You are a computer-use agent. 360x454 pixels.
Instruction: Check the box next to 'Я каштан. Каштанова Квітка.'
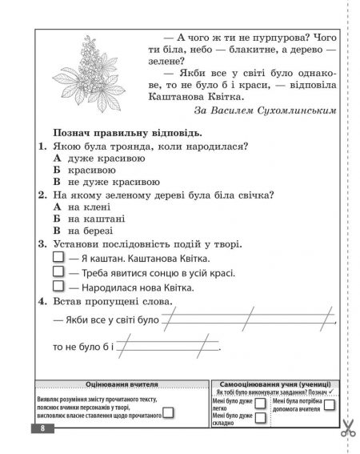click(58, 259)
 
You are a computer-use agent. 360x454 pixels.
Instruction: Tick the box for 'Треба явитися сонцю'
click(58, 273)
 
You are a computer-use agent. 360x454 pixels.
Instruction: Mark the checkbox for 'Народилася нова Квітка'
click(58, 287)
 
